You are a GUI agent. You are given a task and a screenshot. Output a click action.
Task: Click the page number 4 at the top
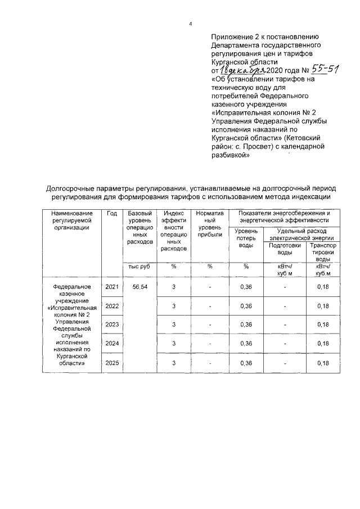pos(191,24)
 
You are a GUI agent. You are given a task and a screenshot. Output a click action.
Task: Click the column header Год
pos(111,214)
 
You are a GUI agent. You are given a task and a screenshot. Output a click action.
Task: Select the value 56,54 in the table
pos(139,287)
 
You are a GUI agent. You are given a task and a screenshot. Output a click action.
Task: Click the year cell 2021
pos(111,287)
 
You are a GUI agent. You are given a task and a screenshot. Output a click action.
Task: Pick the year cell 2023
pos(111,325)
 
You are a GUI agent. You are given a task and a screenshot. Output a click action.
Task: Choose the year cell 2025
pos(111,363)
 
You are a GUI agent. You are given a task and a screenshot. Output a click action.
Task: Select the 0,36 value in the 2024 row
pos(246,344)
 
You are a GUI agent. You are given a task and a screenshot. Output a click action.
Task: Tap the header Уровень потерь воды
pos(246,238)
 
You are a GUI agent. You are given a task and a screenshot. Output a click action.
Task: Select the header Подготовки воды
pos(285,249)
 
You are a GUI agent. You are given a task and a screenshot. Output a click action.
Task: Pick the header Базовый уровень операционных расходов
pos(139,227)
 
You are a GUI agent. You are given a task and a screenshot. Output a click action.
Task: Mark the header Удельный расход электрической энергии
pos(304,235)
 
